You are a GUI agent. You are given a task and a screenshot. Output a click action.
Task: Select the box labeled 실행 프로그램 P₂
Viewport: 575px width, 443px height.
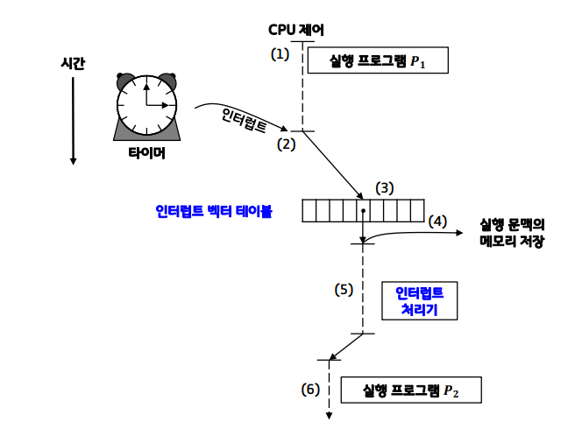point(410,390)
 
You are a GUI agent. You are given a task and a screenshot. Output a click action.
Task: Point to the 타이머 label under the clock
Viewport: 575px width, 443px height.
point(146,152)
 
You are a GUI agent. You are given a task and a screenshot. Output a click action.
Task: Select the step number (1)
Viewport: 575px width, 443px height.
point(279,54)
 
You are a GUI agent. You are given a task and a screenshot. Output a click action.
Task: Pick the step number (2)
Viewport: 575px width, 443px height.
point(287,144)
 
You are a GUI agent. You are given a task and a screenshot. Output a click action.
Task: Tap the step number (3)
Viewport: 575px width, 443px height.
point(385,188)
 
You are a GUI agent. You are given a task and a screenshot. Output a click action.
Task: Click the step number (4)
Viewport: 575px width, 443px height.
point(437,221)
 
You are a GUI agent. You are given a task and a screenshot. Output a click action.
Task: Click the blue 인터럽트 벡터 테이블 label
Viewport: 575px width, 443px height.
point(213,211)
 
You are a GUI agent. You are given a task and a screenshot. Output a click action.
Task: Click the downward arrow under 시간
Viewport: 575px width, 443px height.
point(74,123)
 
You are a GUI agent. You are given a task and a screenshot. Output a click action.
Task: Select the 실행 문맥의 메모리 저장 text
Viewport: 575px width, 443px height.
point(512,232)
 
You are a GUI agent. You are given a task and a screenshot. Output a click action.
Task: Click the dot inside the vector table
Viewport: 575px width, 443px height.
point(363,211)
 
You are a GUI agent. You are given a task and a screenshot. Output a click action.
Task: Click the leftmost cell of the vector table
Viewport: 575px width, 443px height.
point(309,211)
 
